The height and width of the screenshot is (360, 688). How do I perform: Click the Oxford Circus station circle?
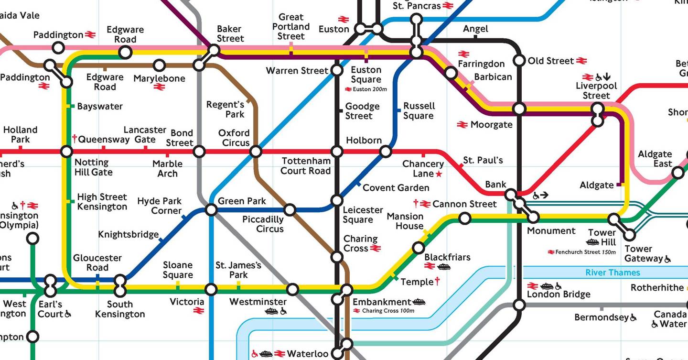point(256,152)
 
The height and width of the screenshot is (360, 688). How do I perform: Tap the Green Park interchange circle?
point(211,209)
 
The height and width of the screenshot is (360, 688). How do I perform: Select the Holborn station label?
point(364,140)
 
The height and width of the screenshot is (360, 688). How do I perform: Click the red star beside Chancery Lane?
point(439,174)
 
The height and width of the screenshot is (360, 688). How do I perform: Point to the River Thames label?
point(613,273)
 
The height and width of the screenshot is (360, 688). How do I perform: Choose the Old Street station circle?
point(519,61)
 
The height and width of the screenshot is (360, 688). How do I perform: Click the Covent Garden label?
point(396,187)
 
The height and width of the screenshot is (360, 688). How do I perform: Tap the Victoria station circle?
point(211,289)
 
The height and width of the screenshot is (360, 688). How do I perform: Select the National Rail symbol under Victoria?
point(199,311)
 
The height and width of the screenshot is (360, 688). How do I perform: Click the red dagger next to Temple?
point(437,282)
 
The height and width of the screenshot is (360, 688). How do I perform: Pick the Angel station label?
point(475,29)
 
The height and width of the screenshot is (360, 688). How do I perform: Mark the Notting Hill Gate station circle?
point(66,152)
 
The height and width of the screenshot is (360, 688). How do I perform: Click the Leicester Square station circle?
point(337,200)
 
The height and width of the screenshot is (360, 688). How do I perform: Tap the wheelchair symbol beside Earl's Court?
point(68,314)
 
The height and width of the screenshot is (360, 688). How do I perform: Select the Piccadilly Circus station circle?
point(290,209)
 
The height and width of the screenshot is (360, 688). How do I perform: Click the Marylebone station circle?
point(159,65)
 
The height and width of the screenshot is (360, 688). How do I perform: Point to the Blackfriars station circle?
point(418,248)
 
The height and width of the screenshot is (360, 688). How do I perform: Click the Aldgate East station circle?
point(677,173)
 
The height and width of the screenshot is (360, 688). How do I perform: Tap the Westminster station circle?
point(292,289)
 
